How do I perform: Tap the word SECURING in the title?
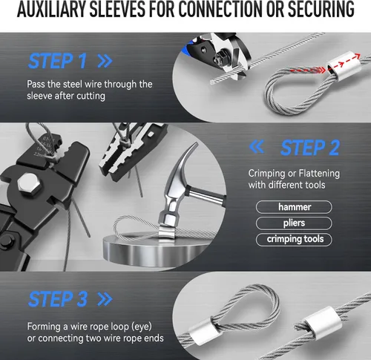coord(321,9)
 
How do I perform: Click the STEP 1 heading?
coord(58,61)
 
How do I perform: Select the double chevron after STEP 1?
coord(105,61)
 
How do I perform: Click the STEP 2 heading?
coord(310,148)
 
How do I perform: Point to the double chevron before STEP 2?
coord(257,146)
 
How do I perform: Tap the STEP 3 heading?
coord(58,299)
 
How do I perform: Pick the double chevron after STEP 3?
coord(105,299)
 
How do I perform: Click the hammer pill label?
coord(294,207)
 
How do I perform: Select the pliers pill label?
coord(294,223)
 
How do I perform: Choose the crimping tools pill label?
coord(294,240)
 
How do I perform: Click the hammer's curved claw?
coord(184,158)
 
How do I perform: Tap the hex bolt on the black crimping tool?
coord(29,184)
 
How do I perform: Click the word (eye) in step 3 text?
coord(142,327)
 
